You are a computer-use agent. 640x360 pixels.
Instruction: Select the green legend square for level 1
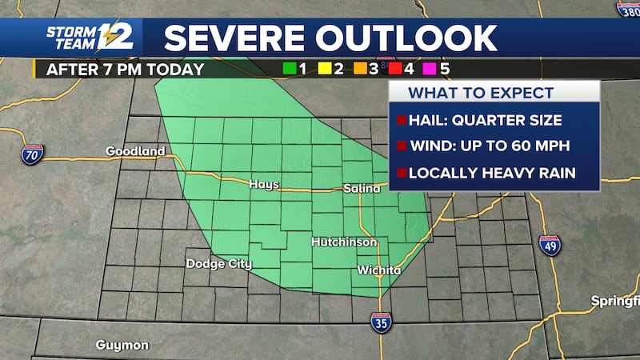click(x=288, y=69)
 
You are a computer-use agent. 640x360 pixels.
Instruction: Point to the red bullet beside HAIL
click(x=399, y=121)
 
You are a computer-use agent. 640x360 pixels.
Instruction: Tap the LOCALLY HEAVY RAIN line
click(x=492, y=173)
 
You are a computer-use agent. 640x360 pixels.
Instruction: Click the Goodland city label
click(x=135, y=150)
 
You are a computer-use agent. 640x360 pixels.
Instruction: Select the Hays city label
click(x=264, y=184)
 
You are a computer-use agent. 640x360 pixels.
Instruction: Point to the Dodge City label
click(x=218, y=264)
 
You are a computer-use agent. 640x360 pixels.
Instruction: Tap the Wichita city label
click(x=379, y=270)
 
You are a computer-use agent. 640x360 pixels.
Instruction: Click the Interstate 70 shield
click(x=33, y=154)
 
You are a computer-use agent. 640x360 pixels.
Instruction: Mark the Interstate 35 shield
click(x=382, y=322)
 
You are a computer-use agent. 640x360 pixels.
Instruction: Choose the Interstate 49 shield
click(x=550, y=246)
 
